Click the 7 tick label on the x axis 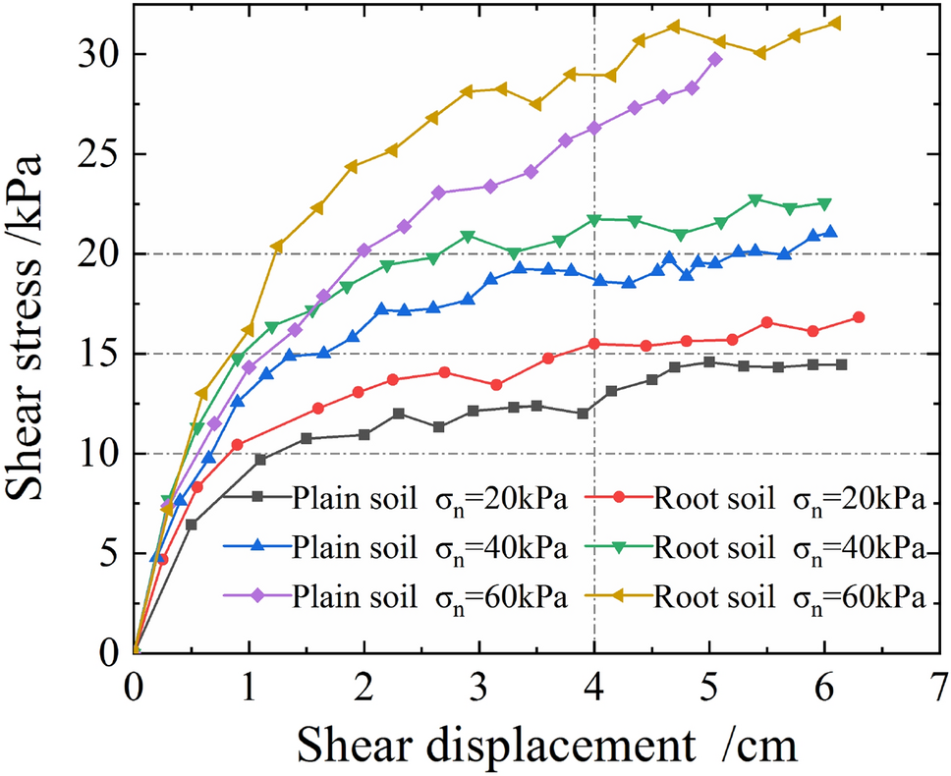pyautogui.click(x=939, y=685)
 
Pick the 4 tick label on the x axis pyautogui.click(x=593, y=685)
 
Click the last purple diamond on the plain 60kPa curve pyautogui.click(x=714, y=59)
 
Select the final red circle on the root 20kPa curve pyautogui.click(x=859, y=317)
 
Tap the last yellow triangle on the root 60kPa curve pyautogui.click(x=836, y=23)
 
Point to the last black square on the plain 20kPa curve pyautogui.click(x=842, y=364)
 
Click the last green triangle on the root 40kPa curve pyautogui.click(x=825, y=203)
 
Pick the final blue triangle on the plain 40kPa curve pyautogui.click(x=830, y=232)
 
